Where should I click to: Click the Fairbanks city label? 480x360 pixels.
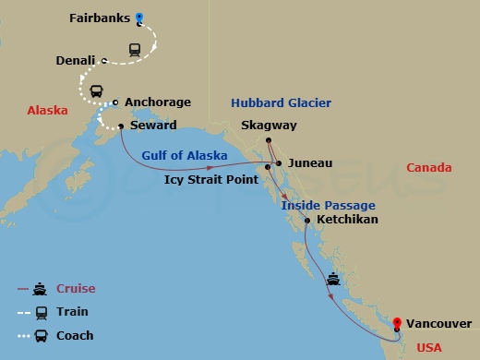[99, 18]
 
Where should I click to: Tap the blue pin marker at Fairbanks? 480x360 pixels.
[139, 16]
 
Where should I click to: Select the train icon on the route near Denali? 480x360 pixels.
[134, 51]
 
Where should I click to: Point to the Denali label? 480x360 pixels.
[76, 61]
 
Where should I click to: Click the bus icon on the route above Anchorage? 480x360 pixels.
[96, 91]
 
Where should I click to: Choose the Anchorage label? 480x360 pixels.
[157, 102]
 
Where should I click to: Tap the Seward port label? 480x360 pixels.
[153, 126]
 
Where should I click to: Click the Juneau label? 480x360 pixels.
[309, 162]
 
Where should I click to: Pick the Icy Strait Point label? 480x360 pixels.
[210, 179]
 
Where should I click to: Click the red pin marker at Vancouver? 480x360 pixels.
[396, 322]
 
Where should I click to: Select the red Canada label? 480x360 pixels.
[428, 167]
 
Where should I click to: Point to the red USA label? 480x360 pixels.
[430, 347]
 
